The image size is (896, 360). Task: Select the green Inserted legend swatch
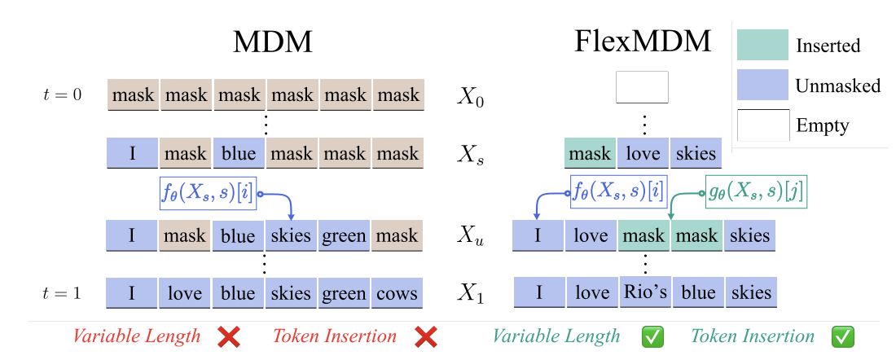[762, 45]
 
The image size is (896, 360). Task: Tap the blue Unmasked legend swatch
[762, 85]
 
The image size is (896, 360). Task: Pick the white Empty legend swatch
[762, 125]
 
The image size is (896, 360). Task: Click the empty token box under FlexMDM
[642, 87]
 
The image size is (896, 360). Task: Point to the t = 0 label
[63, 94]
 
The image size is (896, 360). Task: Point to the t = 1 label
[63, 293]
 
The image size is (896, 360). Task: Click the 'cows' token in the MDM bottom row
[397, 293]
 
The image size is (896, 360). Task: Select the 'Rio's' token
[643, 293]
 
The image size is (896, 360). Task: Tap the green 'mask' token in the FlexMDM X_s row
[590, 153]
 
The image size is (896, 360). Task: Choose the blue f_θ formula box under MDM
[208, 194]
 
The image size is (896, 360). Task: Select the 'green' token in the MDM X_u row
[344, 236]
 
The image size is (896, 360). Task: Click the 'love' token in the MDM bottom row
[184, 293]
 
